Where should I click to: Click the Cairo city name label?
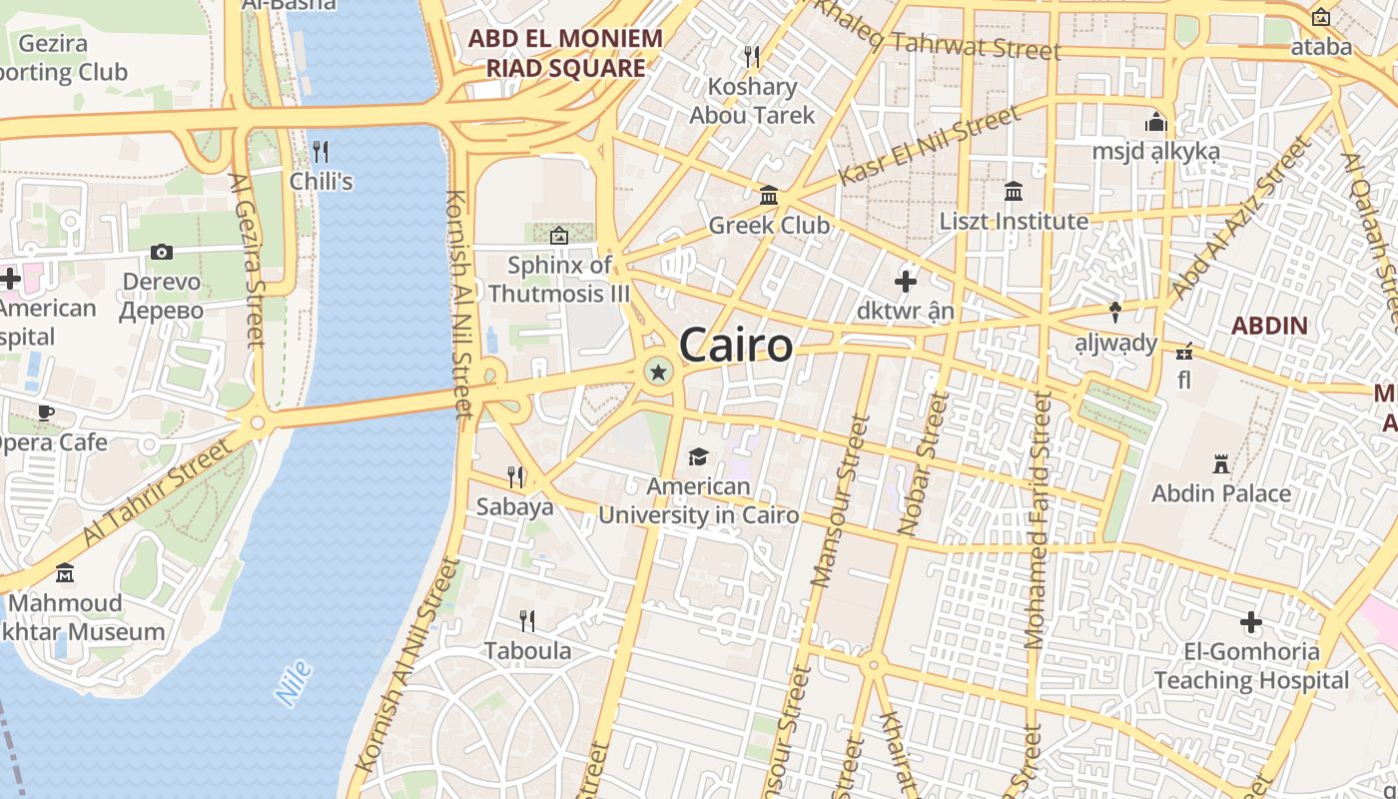pyautogui.click(x=736, y=346)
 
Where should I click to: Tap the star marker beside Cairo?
pyautogui.click(x=658, y=373)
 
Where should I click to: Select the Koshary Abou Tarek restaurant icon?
pyautogui.click(x=752, y=56)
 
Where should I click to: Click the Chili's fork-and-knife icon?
pyautogui.click(x=321, y=152)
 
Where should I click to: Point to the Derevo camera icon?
pyautogui.click(x=162, y=252)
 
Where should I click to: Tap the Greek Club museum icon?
pyautogui.click(x=769, y=195)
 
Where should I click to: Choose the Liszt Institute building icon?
pyautogui.click(x=1014, y=191)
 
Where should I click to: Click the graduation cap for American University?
pyautogui.click(x=698, y=457)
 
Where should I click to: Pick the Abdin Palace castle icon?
pyautogui.click(x=1220, y=463)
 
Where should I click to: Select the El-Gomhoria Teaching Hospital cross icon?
pyautogui.click(x=1250, y=623)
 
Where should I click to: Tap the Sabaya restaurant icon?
pyautogui.click(x=515, y=476)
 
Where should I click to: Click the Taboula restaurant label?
pyautogui.click(x=528, y=651)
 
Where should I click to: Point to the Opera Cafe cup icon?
pyautogui.click(x=46, y=412)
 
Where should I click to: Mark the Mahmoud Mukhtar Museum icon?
pyautogui.click(x=65, y=573)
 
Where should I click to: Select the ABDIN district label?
pyautogui.click(x=1269, y=325)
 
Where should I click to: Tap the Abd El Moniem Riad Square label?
pyautogui.click(x=565, y=53)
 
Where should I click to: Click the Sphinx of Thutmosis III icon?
pyautogui.click(x=559, y=236)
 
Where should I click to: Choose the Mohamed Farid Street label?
pyautogui.click(x=1038, y=519)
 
